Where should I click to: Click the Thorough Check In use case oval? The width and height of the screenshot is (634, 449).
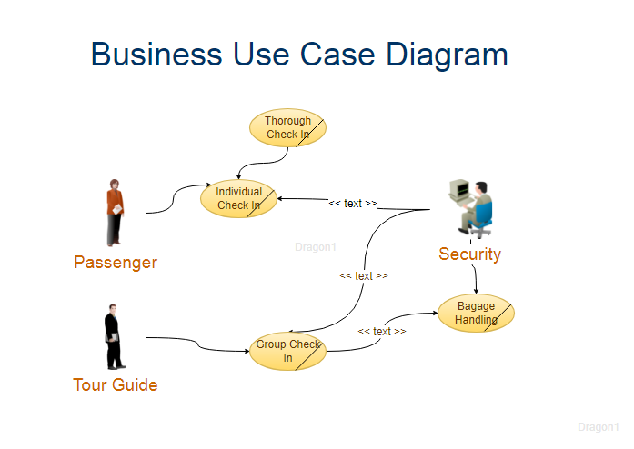(x=287, y=128)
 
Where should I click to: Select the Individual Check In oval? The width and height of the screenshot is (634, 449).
(x=238, y=198)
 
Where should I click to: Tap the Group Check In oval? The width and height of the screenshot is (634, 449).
(x=287, y=352)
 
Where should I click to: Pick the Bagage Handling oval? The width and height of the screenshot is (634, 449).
(x=476, y=314)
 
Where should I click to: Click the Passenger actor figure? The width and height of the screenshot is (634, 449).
(x=115, y=212)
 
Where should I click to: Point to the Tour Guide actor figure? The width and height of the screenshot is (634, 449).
(x=111, y=337)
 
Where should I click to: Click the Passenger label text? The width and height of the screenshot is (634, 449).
(x=116, y=263)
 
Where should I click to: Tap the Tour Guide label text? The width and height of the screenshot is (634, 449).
(x=116, y=385)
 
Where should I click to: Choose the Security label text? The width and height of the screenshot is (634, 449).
(x=469, y=254)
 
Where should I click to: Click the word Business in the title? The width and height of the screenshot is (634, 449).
(x=156, y=55)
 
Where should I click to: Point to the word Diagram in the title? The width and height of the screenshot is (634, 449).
(x=447, y=55)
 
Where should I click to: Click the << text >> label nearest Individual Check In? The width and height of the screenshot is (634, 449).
(x=353, y=204)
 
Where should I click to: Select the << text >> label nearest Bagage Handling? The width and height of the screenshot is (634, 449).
(x=382, y=332)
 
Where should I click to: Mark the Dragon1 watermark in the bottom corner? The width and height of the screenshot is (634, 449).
(x=598, y=427)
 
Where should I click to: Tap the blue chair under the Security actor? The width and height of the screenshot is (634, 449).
(x=482, y=219)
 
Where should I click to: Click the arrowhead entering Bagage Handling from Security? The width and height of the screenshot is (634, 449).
(x=476, y=293)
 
